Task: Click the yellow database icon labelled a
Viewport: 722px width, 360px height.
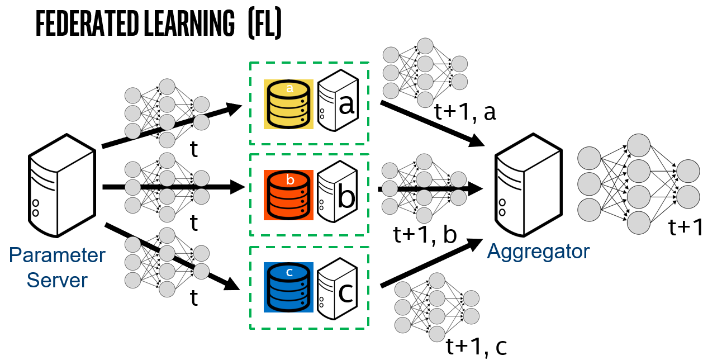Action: [x=288, y=104]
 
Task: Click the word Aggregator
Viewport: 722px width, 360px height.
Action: [x=538, y=252]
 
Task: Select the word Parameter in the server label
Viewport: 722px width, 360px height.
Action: [x=57, y=255]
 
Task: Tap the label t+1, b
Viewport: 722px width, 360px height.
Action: [x=425, y=235]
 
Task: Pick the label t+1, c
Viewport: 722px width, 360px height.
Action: [x=477, y=347]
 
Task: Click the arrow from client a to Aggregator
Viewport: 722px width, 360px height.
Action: [x=430, y=123]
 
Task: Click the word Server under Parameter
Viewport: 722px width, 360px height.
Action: [x=57, y=279]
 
